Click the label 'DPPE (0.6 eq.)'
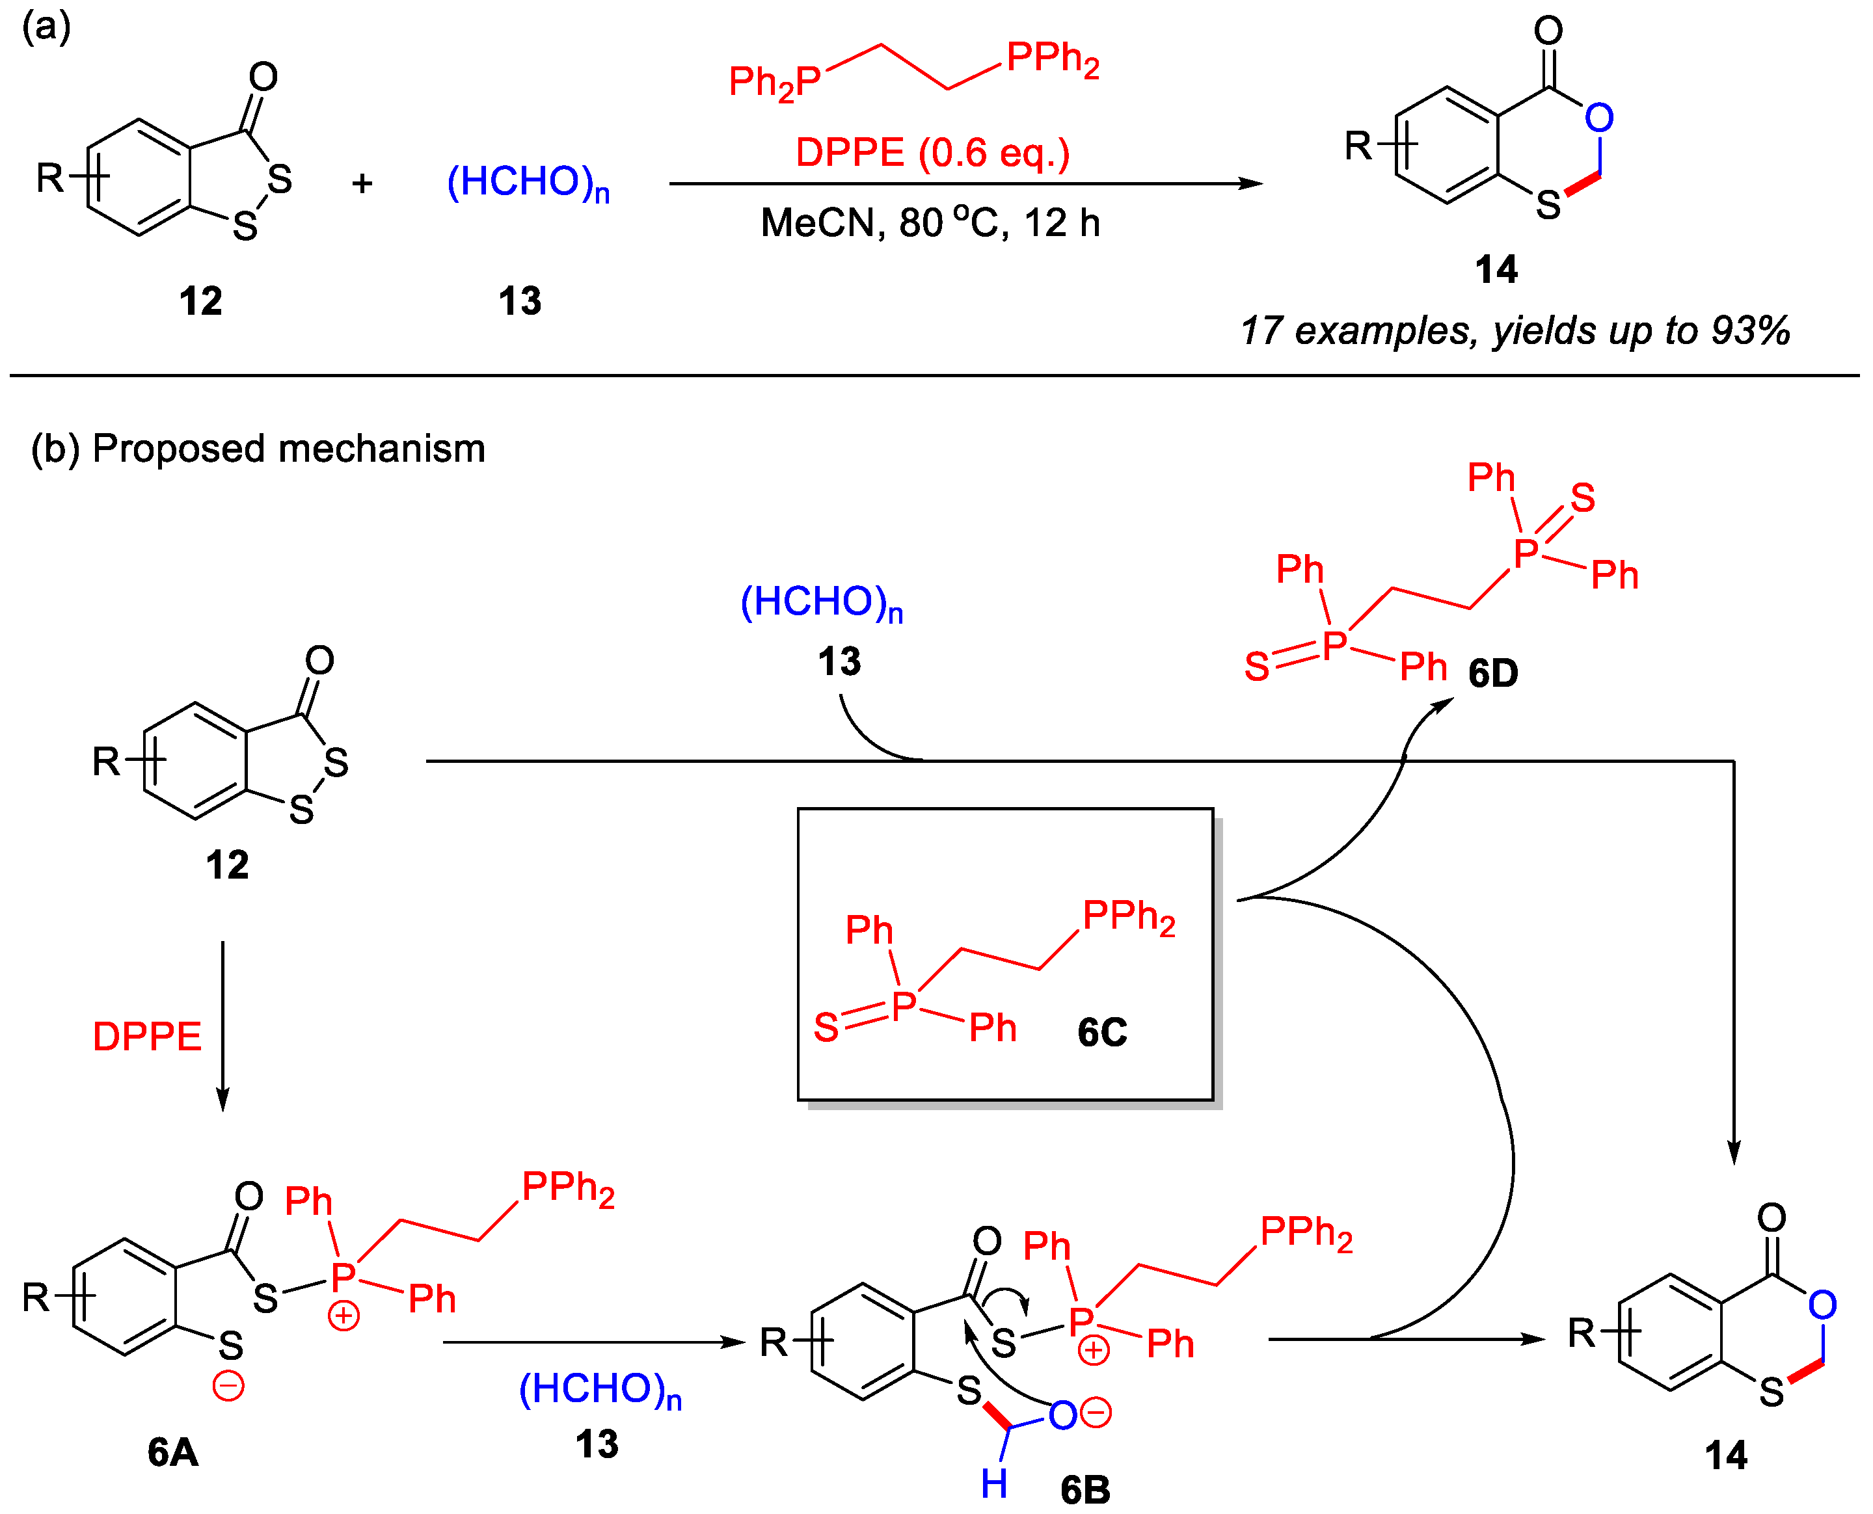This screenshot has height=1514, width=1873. coord(932,153)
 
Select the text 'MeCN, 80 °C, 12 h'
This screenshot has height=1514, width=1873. coord(930,223)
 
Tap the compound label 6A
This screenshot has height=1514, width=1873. coord(173,1453)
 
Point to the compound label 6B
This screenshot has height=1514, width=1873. coord(1085,1489)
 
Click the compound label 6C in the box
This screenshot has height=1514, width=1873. coord(1102,1033)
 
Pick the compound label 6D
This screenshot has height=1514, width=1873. coord(1492,673)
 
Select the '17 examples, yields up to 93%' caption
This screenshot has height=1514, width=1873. coord(1515,332)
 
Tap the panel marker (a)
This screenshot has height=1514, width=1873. coord(46,27)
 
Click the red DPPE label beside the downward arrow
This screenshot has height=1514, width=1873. coord(146,1037)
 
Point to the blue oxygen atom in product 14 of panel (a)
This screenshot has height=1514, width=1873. coord(1599,118)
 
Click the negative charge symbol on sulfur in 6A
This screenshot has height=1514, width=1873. coord(228,1386)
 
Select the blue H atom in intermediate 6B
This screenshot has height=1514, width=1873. coord(993,1483)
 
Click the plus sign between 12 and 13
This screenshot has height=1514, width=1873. coord(362,183)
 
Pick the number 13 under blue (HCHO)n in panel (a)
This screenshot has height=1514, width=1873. coord(520,302)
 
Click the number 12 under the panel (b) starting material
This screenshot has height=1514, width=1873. coord(227,865)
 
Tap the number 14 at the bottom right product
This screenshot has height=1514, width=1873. coord(1725,1455)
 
